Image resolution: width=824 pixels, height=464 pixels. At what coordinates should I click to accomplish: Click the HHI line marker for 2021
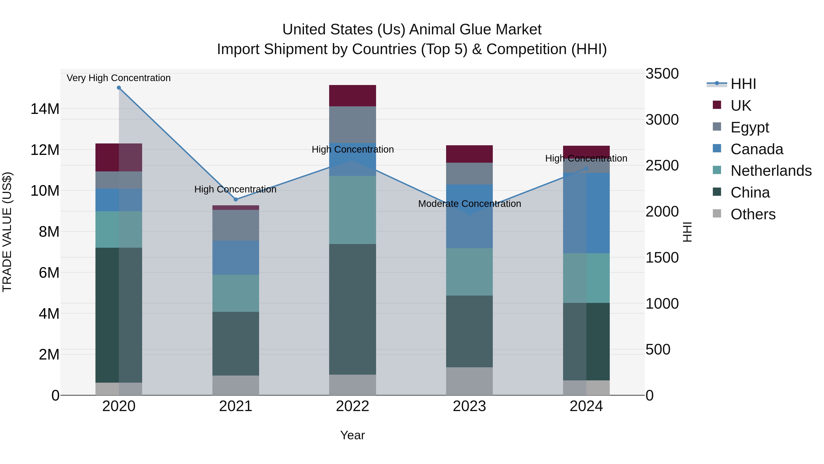(x=236, y=200)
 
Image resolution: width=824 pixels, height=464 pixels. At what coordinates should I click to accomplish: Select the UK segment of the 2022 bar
(x=352, y=96)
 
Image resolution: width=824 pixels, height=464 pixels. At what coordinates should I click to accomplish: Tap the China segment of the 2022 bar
(x=352, y=309)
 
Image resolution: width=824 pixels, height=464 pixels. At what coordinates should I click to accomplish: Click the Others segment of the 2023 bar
(x=469, y=381)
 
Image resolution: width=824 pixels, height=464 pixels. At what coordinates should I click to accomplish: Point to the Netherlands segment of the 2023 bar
(x=469, y=272)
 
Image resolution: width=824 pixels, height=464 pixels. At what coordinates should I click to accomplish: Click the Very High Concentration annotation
(x=119, y=78)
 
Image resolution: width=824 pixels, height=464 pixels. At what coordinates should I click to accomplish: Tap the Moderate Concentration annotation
(x=469, y=204)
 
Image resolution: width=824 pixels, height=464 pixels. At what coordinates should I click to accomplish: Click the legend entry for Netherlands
(x=771, y=171)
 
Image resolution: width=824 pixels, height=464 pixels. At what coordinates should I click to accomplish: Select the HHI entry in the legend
(x=743, y=84)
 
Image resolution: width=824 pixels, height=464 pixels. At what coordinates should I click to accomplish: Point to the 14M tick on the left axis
(x=45, y=109)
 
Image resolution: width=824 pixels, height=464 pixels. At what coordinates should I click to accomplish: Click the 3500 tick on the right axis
(x=662, y=74)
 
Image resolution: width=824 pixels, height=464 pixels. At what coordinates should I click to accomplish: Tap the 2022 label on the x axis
(x=352, y=406)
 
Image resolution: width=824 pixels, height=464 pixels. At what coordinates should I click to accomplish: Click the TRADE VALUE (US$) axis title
(x=7, y=232)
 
